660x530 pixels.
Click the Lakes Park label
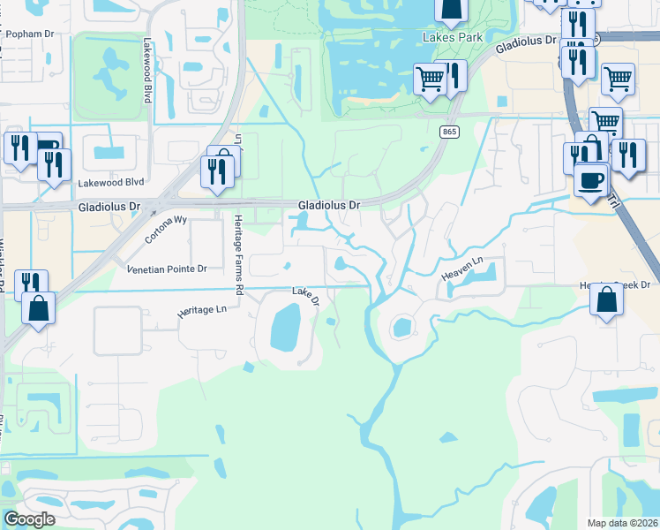[453, 38]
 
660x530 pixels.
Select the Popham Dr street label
[29, 34]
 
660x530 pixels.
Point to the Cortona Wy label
[167, 231]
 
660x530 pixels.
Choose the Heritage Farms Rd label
[238, 254]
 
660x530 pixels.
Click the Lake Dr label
[304, 296]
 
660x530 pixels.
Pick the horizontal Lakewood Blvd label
[110, 183]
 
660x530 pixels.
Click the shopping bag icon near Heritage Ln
[39, 310]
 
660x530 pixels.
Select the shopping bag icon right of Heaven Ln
[608, 300]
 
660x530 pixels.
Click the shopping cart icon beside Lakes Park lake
[431, 79]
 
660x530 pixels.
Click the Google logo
[29, 519]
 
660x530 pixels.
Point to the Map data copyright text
[622, 523]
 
